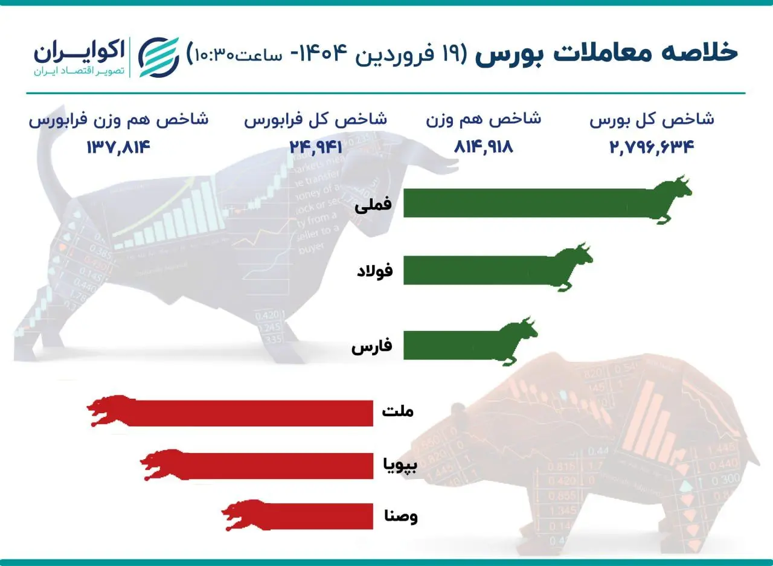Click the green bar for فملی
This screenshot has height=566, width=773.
(525, 203)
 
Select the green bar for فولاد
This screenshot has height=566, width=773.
(477, 270)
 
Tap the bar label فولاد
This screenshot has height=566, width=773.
(374, 271)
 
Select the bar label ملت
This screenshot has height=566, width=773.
(398, 412)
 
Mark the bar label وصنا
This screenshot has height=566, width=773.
(401, 516)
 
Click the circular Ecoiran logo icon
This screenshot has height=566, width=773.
(159, 57)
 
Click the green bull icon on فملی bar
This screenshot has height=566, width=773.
(670, 199)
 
